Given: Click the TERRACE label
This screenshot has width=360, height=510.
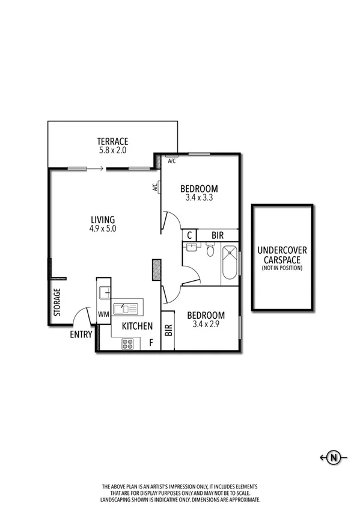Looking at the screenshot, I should [114, 141].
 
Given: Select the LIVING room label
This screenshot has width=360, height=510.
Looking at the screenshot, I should [102, 220].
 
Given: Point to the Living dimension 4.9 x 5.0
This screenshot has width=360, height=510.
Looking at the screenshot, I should [102, 229].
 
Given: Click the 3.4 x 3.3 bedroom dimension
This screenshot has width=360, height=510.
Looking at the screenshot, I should [199, 197].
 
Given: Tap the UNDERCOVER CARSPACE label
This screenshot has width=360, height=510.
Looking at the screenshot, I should [282, 255].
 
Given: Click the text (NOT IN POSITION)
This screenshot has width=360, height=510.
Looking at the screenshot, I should [282, 268].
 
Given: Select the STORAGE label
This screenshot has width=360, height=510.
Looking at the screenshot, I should [58, 303].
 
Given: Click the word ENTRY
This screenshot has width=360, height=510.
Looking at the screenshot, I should [81, 334].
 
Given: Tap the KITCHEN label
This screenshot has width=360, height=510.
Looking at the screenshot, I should [137, 327].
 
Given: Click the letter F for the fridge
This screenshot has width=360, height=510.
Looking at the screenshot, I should [151, 343].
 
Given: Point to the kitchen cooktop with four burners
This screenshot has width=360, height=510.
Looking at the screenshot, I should [127, 343].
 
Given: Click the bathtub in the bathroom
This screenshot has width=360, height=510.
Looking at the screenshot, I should [230, 265].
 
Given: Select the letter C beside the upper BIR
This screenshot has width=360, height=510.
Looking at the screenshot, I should [189, 235].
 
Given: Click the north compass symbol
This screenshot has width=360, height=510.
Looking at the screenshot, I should [334, 458].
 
